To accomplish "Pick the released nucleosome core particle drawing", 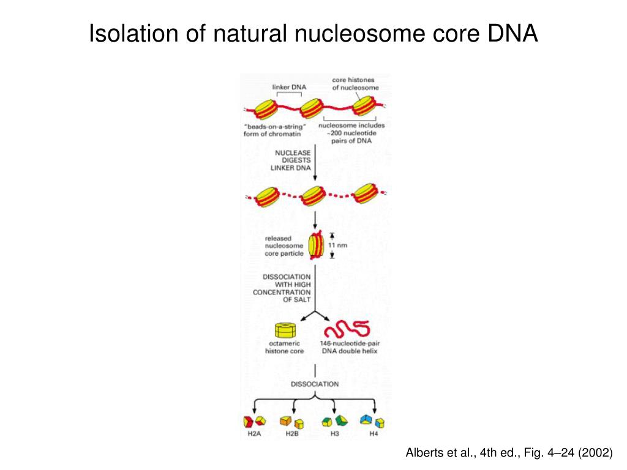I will click(x=316, y=245).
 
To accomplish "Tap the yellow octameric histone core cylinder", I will click(x=285, y=330).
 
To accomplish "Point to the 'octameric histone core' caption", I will click(x=284, y=348).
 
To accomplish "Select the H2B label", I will click(x=292, y=434).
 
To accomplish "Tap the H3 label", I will click(x=334, y=434).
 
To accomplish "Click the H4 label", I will click(x=374, y=434).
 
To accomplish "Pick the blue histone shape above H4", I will click(x=367, y=419).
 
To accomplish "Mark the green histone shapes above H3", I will click(x=334, y=420).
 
